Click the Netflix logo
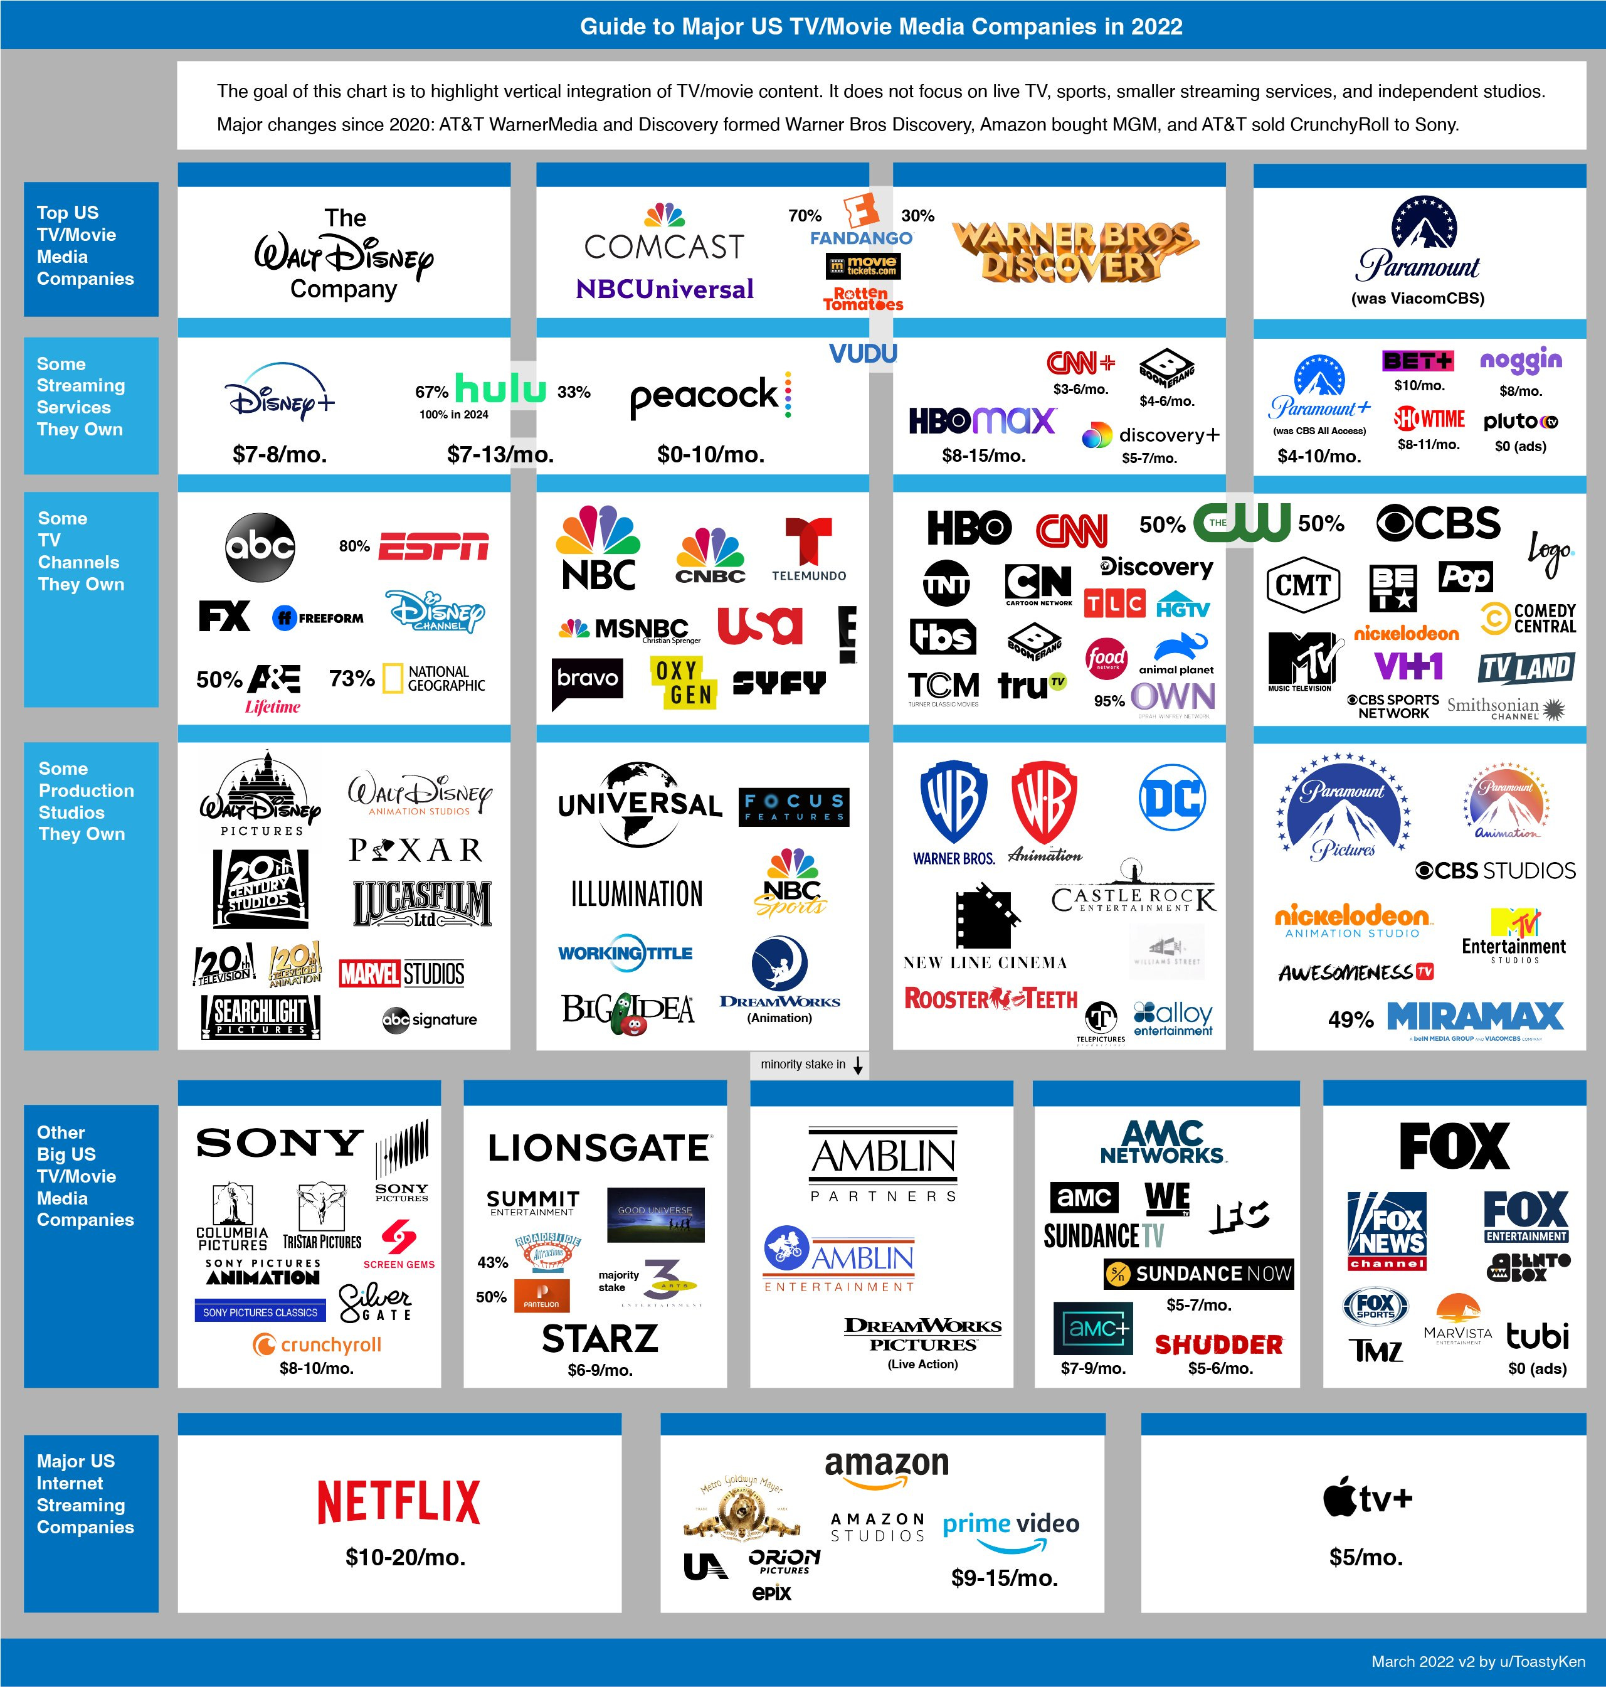tap(398, 1501)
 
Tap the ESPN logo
tap(433, 546)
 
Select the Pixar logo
tap(415, 849)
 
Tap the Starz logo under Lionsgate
tap(600, 1338)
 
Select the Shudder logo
tap(1218, 1344)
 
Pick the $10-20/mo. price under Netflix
tap(405, 1557)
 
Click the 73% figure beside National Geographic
tap(351, 678)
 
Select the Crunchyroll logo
tap(317, 1344)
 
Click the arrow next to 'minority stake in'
tap(858, 1065)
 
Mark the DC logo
tap(1172, 797)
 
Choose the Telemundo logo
tap(808, 550)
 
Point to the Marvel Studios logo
tap(401, 974)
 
